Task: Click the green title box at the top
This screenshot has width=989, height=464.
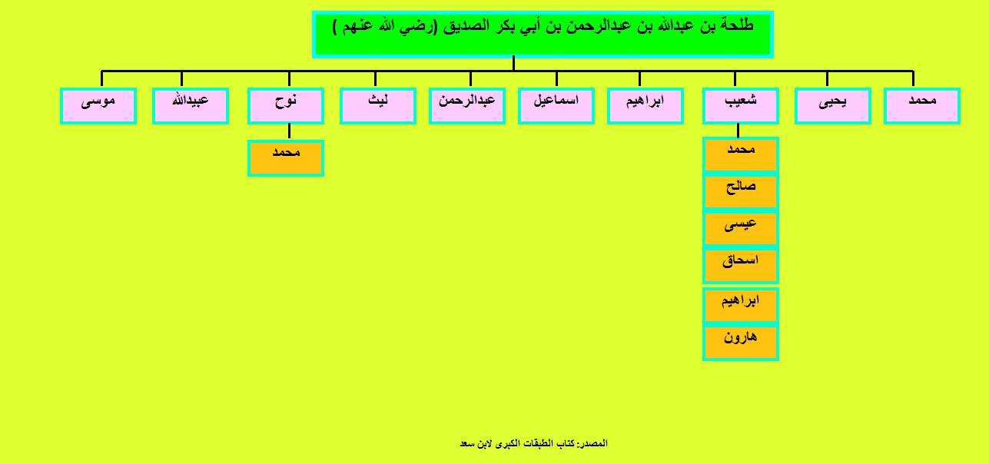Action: (543, 35)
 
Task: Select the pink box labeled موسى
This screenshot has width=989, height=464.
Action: (98, 106)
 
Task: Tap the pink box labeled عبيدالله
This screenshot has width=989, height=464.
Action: (191, 106)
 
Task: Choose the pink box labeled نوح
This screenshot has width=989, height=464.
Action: (286, 106)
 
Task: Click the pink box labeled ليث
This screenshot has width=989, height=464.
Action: (378, 106)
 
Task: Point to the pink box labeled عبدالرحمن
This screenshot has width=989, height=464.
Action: (467, 106)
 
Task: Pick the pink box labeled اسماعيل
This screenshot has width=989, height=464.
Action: (556, 106)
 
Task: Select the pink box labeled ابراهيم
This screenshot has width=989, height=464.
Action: (646, 106)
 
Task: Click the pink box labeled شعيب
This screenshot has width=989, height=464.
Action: (741, 106)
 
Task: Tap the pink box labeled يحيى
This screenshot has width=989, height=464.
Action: (833, 106)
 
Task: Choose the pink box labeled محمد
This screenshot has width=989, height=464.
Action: (922, 106)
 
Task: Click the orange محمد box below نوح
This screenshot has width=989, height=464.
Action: (286, 158)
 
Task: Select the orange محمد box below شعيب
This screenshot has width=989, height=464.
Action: (741, 155)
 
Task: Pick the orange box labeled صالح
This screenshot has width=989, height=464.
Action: (741, 191)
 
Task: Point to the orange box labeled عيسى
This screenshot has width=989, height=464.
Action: (741, 229)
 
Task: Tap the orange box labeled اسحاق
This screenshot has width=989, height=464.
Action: (741, 266)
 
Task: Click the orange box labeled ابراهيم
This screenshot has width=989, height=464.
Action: (741, 306)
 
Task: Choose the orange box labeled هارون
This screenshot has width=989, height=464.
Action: (741, 343)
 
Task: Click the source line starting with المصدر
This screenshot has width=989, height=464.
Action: (534, 443)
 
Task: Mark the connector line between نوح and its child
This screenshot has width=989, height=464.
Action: (289, 131)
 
